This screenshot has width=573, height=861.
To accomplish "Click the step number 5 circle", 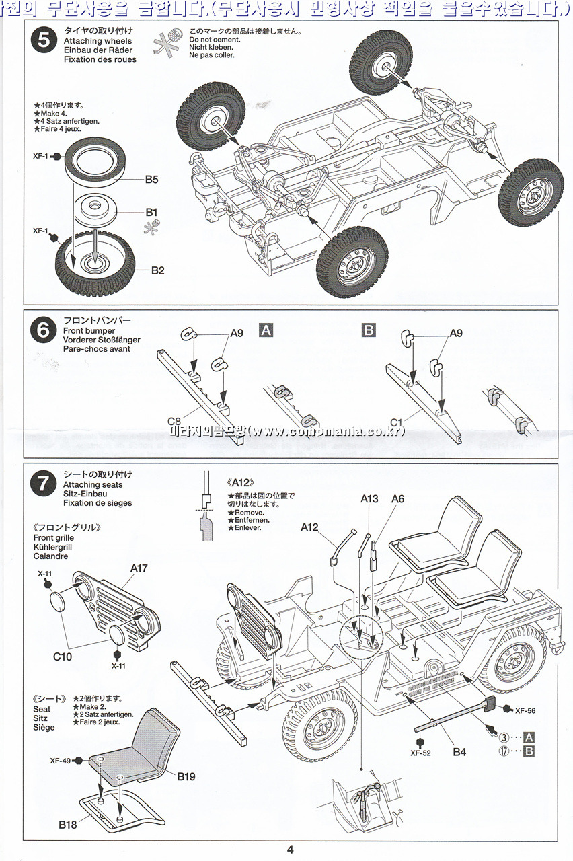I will click(x=44, y=40).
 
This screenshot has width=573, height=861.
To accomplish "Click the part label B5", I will click(x=151, y=180).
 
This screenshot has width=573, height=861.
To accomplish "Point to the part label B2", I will click(x=158, y=270).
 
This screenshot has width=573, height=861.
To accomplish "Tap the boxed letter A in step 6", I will click(x=266, y=330).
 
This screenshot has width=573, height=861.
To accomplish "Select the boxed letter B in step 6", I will click(x=369, y=330).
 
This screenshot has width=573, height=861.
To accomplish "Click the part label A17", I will click(x=139, y=568).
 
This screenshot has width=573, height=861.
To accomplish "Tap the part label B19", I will click(x=186, y=776).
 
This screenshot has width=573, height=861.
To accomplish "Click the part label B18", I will click(x=68, y=824).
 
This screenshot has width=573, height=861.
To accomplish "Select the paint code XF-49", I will click(x=61, y=761).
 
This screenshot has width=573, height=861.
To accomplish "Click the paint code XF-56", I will click(x=525, y=710).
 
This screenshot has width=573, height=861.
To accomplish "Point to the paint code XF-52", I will click(x=420, y=753).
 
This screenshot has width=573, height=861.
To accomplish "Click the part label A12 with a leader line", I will click(x=309, y=527).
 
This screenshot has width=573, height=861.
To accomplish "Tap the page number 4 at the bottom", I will click(x=290, y=849).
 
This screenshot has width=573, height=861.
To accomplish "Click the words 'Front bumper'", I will click(x=89, y=331).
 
